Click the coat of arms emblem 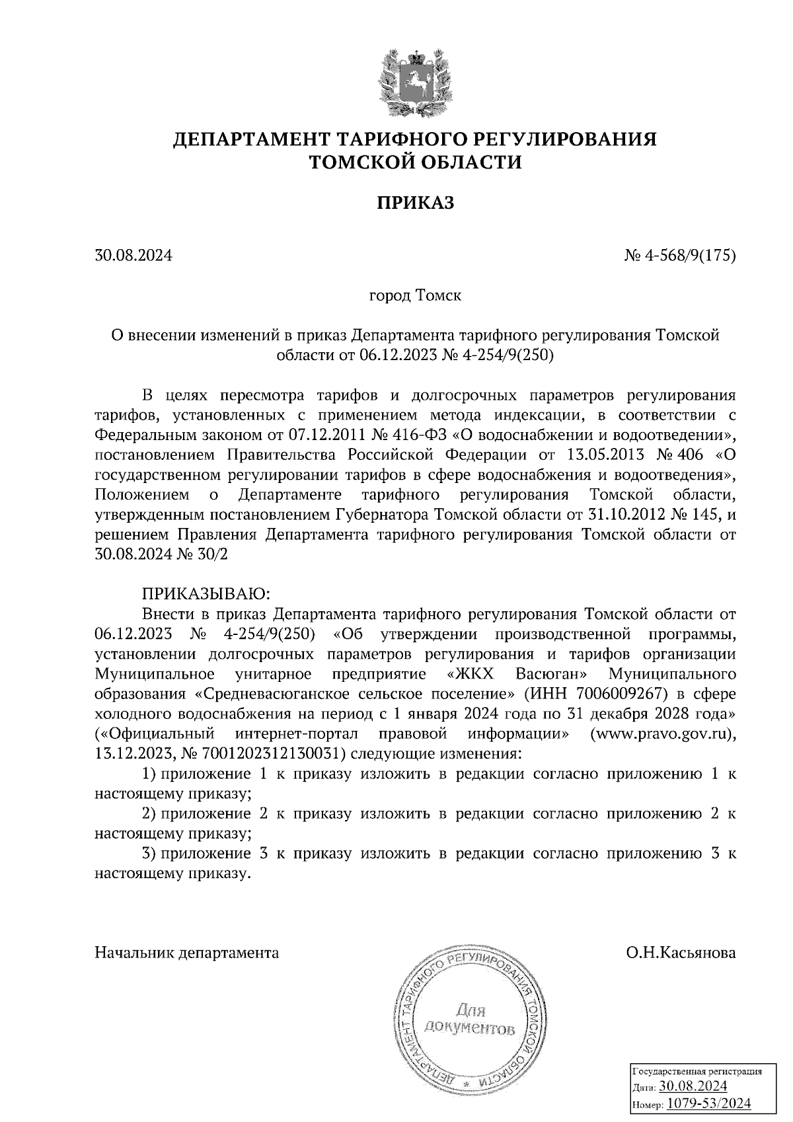416,82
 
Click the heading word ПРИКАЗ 416,203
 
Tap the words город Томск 415,295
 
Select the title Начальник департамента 187,953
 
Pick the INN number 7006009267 615,694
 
